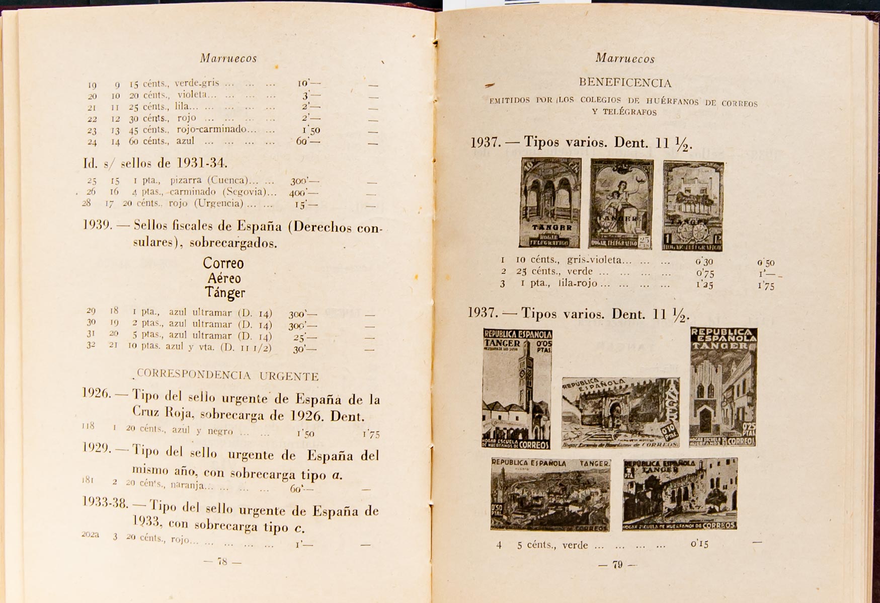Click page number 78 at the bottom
[222, 562]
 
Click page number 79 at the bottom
[617, 565]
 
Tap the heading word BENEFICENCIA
[625, 83]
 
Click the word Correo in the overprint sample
[223, 263]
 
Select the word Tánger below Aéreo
[225, 292]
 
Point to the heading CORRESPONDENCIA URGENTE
[228, 375]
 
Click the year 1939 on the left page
[97, 225]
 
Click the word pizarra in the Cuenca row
[186, 180]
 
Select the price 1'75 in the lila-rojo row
[766, 285]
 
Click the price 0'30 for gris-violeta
[704, 262]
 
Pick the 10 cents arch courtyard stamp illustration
[550, 202]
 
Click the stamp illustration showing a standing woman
[621, 204]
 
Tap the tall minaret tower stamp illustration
[517, 389]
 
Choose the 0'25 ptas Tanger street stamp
[724, 387]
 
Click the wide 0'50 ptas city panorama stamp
[550, 494]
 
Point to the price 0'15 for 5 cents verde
[699, 544]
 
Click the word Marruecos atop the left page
[228, 58]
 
